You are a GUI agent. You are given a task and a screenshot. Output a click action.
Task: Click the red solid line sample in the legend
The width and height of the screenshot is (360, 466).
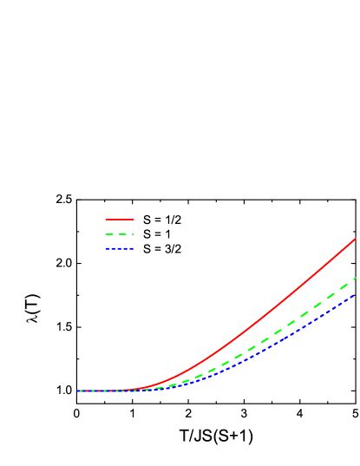120,220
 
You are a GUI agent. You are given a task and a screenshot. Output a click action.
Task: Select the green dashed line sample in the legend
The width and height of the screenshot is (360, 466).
120,234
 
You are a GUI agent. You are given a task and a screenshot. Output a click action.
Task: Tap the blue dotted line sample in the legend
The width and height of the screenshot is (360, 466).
120,249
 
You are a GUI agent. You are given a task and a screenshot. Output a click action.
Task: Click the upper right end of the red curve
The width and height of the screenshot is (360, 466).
356,239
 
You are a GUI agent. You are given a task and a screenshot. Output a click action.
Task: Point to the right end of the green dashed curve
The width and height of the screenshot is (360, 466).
356,279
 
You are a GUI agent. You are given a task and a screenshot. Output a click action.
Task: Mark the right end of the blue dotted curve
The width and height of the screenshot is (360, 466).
355,295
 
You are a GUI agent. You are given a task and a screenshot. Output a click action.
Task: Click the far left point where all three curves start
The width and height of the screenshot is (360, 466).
77,391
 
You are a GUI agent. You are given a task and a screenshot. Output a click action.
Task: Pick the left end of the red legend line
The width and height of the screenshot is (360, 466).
106,220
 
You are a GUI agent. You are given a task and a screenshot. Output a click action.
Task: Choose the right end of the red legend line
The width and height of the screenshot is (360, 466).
134,220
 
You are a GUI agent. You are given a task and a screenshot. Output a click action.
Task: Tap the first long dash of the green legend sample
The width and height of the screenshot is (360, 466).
109,234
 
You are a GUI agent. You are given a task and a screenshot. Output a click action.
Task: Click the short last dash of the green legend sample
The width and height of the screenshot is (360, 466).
134,234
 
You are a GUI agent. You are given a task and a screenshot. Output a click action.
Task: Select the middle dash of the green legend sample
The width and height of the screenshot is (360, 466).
122,234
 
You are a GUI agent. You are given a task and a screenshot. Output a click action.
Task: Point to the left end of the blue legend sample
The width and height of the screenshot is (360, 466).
106,249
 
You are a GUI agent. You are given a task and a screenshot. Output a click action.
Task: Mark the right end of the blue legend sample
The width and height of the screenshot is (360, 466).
134,249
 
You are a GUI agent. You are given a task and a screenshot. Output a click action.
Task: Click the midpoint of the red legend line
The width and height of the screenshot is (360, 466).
120,220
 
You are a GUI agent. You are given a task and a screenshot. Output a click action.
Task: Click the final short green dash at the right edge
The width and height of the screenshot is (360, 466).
354,279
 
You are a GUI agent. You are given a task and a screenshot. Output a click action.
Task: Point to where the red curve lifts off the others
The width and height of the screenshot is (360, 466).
130,390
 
